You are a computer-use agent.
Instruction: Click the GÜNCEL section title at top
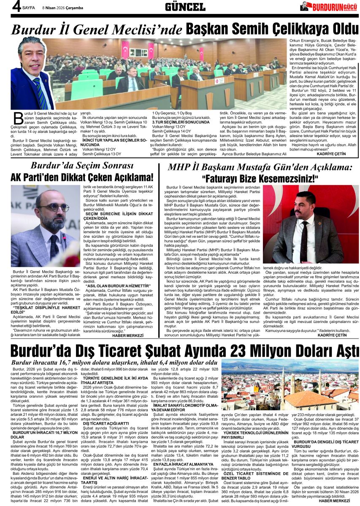(185, 7)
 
